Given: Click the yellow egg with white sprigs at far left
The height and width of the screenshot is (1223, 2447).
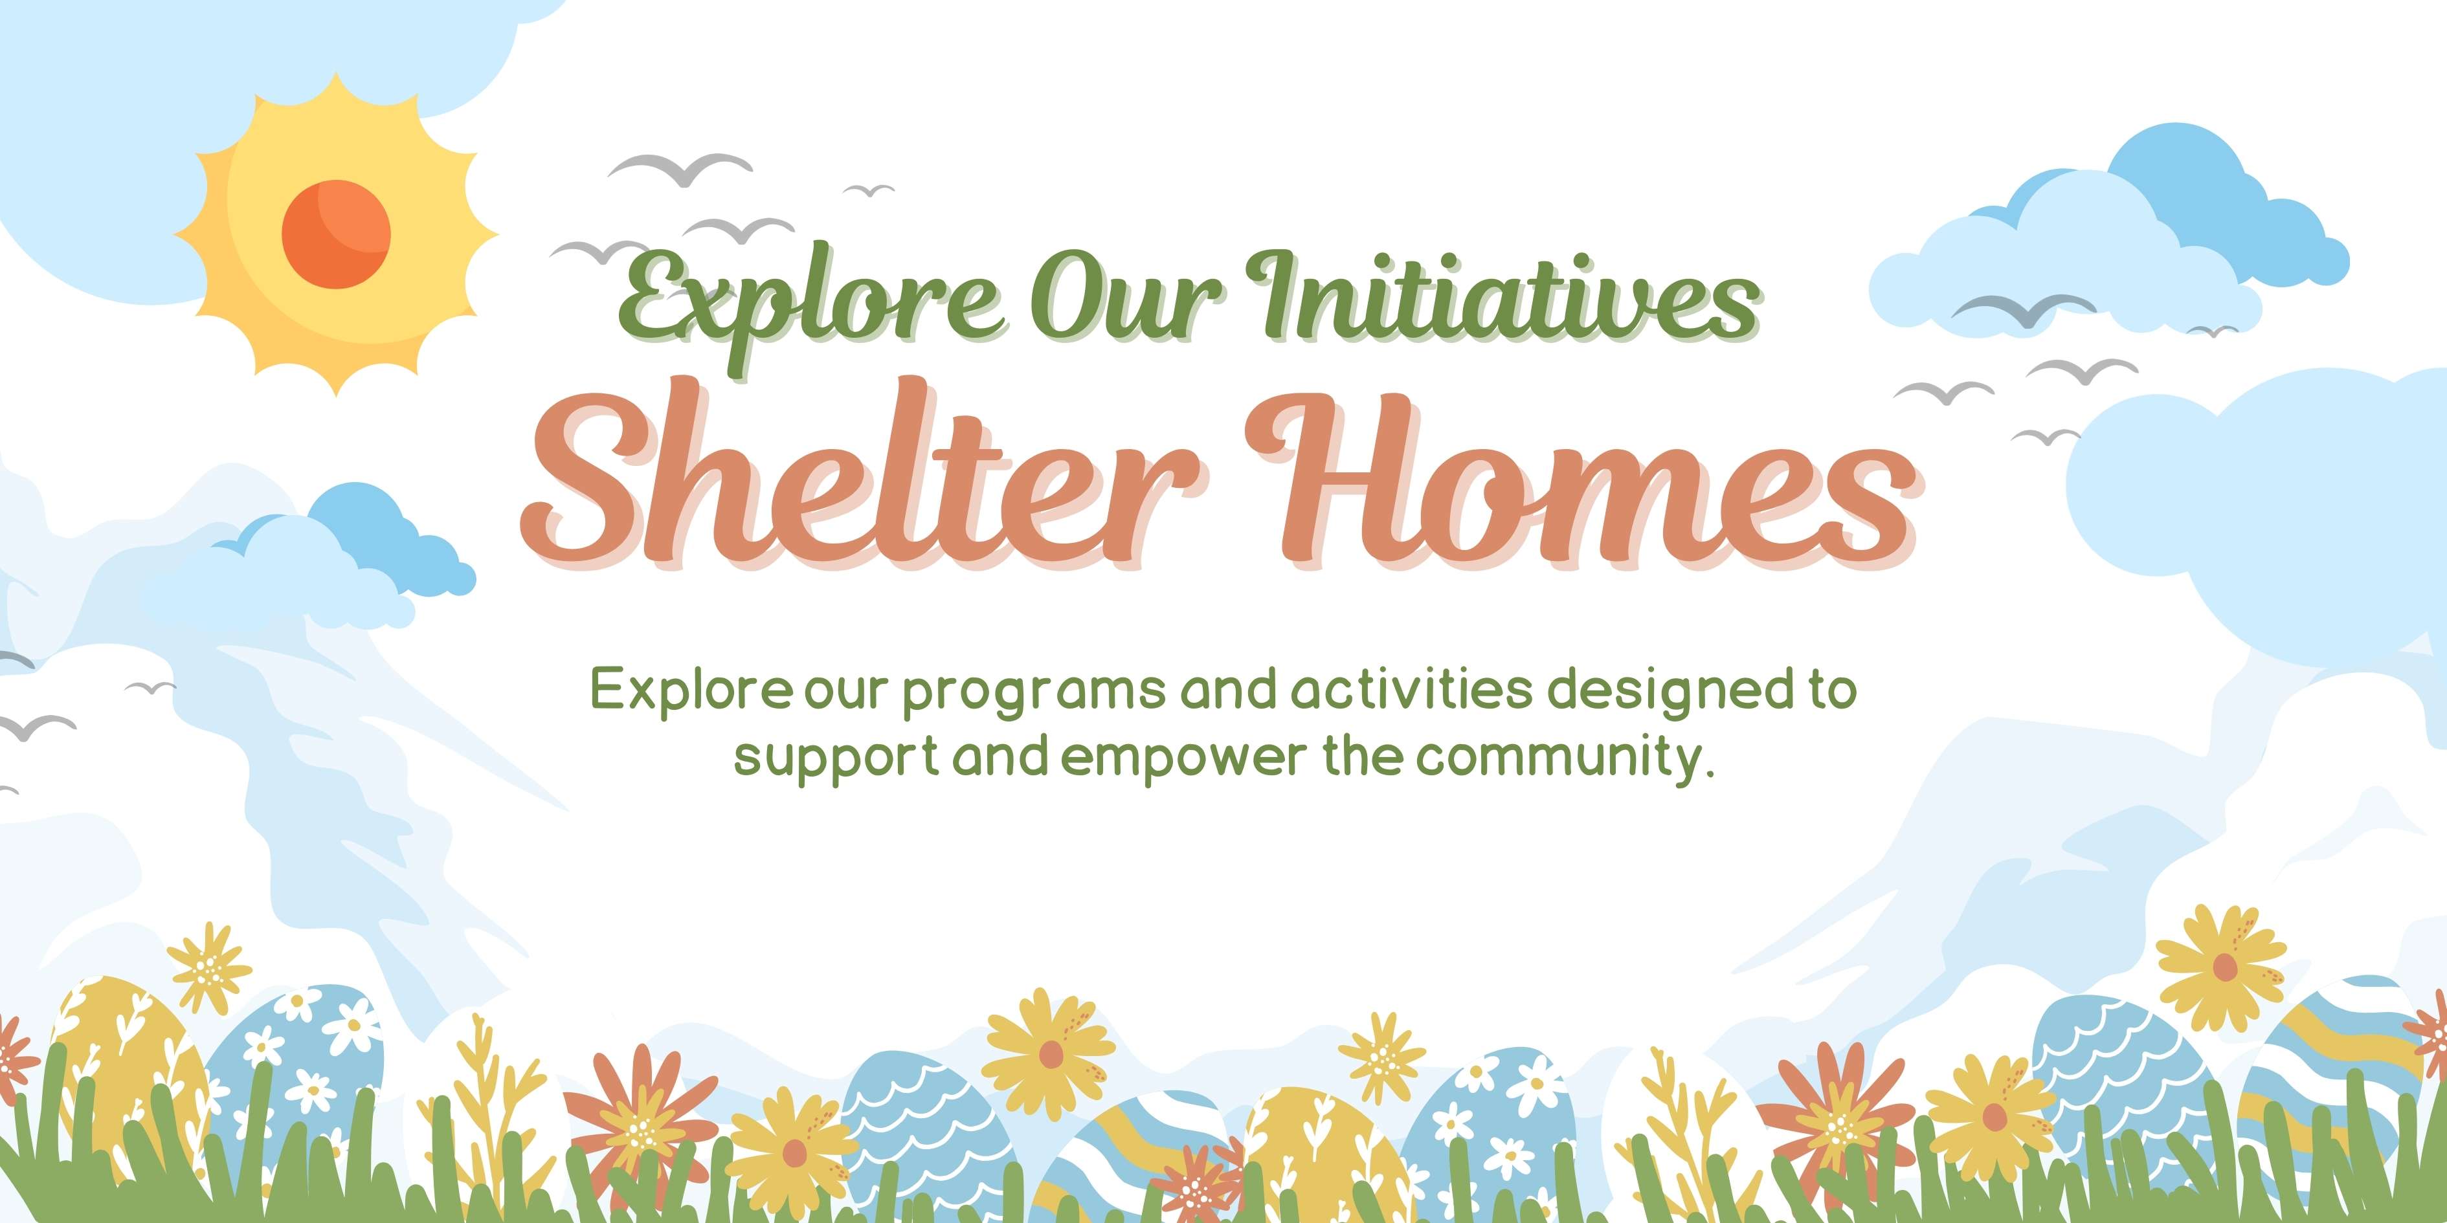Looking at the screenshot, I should (x=118, y=1054).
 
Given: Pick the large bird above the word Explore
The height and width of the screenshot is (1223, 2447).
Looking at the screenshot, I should (x=679, y=169).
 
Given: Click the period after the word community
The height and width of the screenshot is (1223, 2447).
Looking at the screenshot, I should (x=1710, y=772).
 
